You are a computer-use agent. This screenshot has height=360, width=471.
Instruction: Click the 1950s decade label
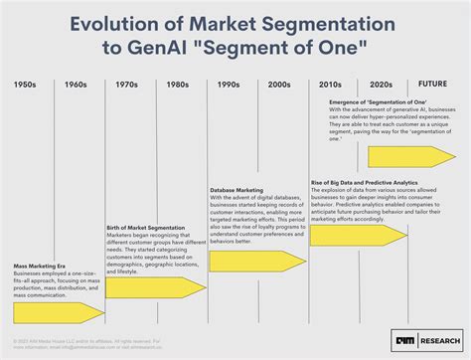[x=27, y=86]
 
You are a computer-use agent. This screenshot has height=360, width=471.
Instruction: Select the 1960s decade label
[x=77, y=86]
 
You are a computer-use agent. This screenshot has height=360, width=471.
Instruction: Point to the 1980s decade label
[x=179, y=86]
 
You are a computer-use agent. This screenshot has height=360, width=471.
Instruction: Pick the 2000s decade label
[x=280, y=86]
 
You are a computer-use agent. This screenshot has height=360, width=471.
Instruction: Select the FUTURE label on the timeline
[x=433, y=86]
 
